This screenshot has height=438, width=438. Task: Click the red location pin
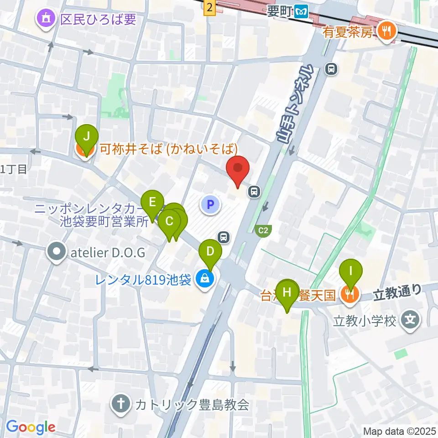tap(238, 170)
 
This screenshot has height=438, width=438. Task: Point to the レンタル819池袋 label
tap(143, 280)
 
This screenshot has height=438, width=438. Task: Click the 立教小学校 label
tap(364, 321)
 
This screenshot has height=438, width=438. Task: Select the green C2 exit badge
tap(263, 230)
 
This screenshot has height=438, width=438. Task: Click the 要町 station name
tap(279, 10)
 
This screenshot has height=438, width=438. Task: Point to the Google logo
tap(31, 427)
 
